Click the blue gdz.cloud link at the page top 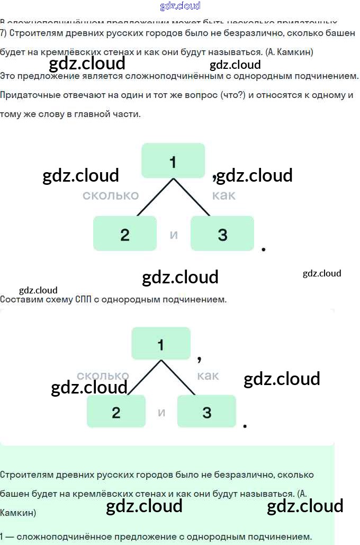coord(180,6)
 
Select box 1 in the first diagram coord(173,160)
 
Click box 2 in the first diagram coord(125,234)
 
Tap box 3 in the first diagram coord(222,234)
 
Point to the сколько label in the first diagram coord(110,195)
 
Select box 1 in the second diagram coord(161,344)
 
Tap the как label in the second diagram coord(208,376)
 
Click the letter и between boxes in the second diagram coord(161,412)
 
